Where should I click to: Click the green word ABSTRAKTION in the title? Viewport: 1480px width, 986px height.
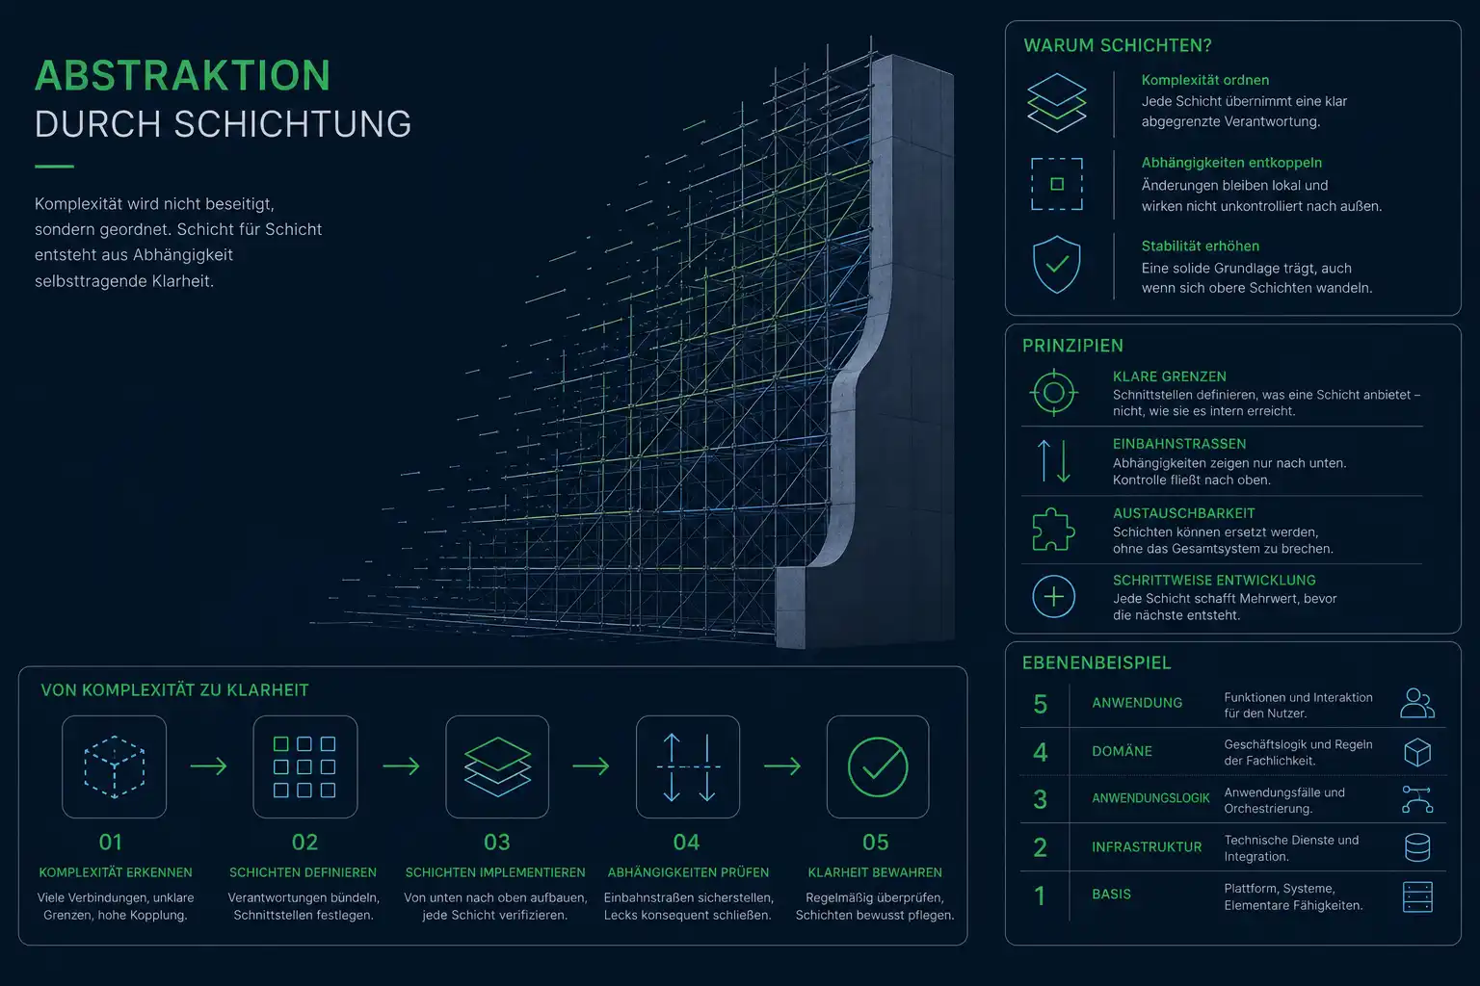pos(182,75)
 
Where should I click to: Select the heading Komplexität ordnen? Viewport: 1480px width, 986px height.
pos(1205,80)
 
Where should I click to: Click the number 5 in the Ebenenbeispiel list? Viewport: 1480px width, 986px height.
pos(1040,705)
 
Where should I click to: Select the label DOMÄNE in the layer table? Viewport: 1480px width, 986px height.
pos(1122,752)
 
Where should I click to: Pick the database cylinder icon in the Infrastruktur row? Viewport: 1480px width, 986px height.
pos(1417,847)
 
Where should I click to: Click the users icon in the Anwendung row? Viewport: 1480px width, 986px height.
pos(1417,703)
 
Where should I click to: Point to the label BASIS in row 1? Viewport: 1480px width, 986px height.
pos(1111,895)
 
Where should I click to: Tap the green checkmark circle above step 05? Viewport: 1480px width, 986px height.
pos(878,767)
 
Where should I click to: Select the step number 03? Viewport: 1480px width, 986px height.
pos(497,842)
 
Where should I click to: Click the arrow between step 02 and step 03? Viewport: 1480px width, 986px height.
pos(401,766)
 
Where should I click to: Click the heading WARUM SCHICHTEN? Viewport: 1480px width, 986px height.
pos(1118,45)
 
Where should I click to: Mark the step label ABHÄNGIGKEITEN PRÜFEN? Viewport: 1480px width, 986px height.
pos(688,872)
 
